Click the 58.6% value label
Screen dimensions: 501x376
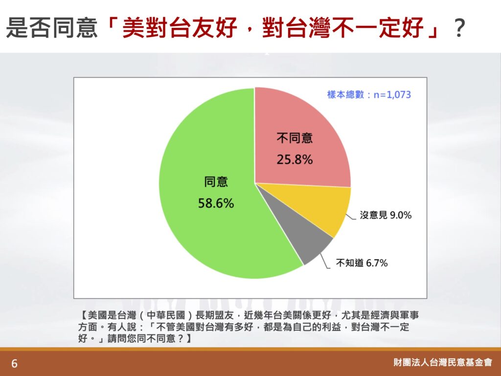[x=216, y=203]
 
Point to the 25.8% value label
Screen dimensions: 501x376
[x=295, y=160]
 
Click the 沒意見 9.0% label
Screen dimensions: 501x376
[x=386, y=215]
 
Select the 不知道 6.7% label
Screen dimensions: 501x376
[x=362, y=263]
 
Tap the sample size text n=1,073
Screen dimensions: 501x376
[x=392, y=94]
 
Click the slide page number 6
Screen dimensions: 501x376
[x=14, y=364]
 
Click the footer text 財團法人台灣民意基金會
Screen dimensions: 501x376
[x=443, y=362]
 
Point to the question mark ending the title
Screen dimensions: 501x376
[x=459, y=28]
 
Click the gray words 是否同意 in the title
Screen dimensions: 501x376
[x=52, y=27]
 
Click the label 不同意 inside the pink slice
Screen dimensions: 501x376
[x=295, y=138]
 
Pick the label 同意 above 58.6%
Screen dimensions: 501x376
[x=216, y=182]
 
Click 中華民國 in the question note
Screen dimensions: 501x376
[x=166, y=315]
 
